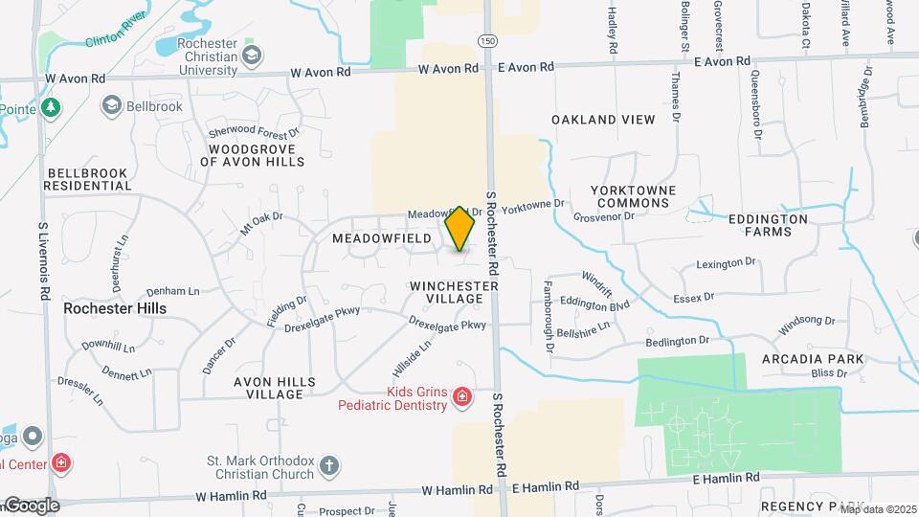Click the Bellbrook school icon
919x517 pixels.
[112, 105]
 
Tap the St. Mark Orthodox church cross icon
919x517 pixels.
[329, 466]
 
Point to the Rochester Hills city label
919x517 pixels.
[115, 308]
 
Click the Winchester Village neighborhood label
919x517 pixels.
[454, 292]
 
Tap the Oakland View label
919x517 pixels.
[603, 120]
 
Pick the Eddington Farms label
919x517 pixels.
[768, 225]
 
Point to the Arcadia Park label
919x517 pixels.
[813, 359]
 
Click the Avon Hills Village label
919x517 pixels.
[275, 388]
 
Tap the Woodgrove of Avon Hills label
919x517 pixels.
[252, 156]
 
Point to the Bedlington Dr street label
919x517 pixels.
[677, 340]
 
